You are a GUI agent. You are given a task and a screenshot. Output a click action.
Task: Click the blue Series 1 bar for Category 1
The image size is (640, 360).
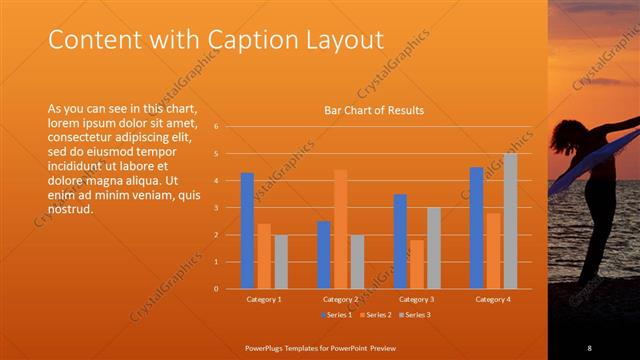247,231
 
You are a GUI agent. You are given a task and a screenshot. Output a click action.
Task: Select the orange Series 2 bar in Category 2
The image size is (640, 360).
341,229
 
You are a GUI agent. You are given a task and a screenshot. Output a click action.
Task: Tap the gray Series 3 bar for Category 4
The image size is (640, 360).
510,221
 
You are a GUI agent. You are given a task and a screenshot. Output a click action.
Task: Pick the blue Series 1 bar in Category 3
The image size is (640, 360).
400,241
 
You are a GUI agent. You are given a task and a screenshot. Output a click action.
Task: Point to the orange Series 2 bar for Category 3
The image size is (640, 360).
416,264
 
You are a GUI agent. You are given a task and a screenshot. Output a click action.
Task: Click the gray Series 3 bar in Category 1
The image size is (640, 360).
281,262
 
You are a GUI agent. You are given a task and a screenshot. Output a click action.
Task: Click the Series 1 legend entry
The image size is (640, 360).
335,316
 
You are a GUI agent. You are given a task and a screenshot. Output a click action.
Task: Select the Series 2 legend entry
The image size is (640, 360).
374,316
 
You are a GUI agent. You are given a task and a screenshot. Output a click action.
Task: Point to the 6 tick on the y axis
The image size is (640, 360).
230,127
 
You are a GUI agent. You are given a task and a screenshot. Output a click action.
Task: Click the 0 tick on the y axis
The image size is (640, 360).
230,288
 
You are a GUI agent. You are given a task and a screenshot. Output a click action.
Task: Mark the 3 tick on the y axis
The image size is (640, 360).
230,208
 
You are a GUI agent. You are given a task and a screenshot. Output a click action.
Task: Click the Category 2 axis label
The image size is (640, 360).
341,299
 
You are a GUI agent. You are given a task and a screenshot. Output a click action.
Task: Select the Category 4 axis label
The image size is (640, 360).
493,299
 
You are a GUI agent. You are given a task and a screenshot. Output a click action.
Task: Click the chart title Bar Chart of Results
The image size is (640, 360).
374,110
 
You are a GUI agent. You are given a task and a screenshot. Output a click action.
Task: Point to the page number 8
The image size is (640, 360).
590,347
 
